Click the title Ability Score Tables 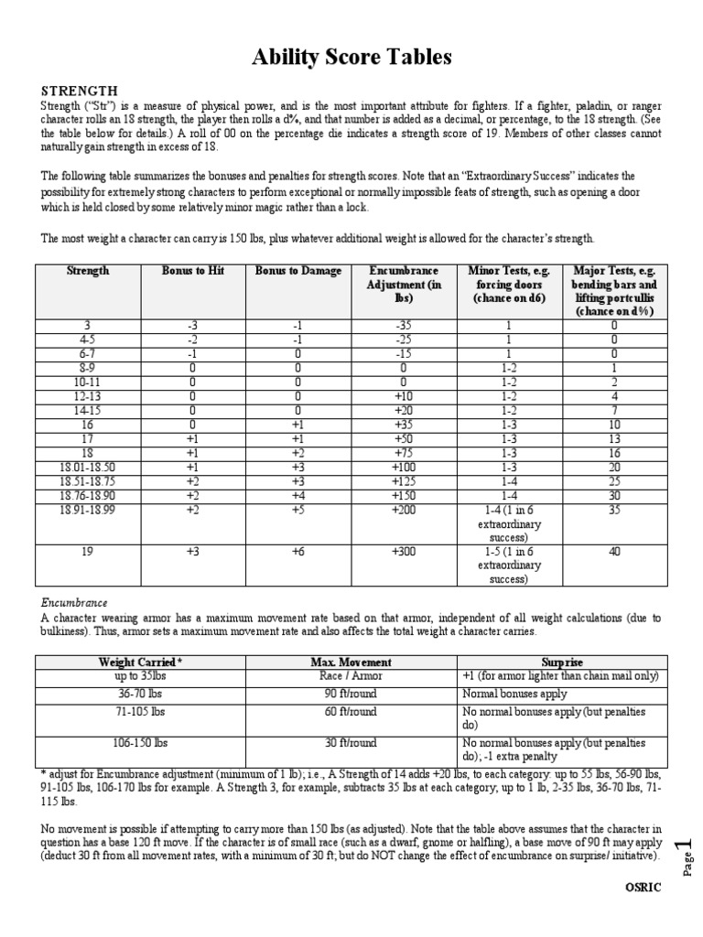tap(351, 58)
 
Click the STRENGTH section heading tap(79, 91)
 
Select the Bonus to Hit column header tap(192, 271)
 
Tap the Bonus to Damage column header tap(298, 271)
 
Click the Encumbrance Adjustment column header tap(403, 284)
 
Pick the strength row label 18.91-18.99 tap(89, 510)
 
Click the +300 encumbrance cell tap(403, 552)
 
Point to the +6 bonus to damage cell tap(298, 552)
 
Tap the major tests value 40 tap(614, 552)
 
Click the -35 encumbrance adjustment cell tap(403, 324)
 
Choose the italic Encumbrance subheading tap(74, 603)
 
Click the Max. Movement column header tap(351, 662)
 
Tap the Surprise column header tap(562, 662)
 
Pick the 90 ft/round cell tap(351, 695)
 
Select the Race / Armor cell tap(351, 676)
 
